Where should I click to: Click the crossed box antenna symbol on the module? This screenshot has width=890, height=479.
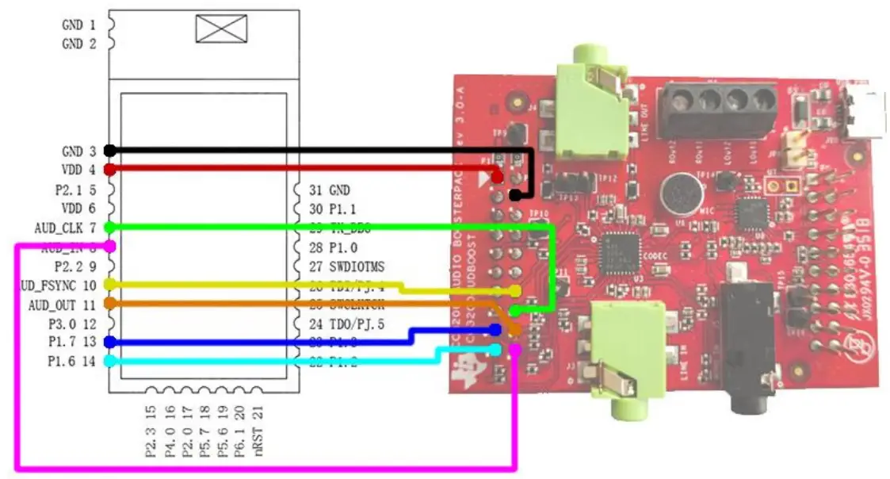click(221, 28)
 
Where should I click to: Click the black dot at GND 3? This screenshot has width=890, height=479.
click(110, 151)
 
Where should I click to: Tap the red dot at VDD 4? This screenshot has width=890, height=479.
click(110, 169)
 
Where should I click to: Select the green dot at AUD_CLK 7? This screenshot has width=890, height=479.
click(110, 228)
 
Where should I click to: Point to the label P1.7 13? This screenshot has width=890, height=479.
click(72, 342)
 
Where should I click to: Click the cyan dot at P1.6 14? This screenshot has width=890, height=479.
click(110, 360)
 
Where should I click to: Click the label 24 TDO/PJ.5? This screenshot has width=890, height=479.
click(347, 324)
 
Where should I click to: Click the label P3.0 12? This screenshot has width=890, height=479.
click(72, 324)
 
